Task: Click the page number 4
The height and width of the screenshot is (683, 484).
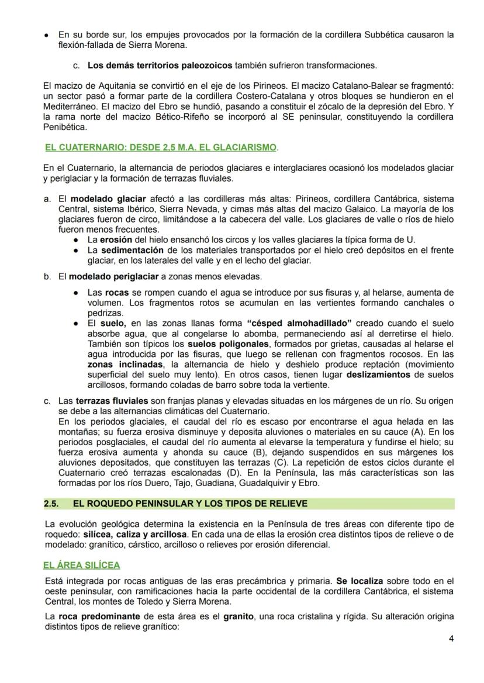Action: [451, 638]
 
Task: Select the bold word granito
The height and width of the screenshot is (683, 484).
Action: [240, 616]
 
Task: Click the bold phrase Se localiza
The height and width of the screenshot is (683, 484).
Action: [359, 581]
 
